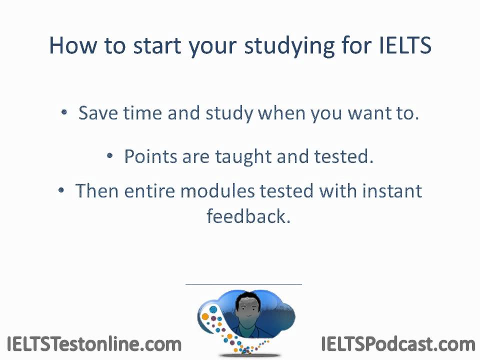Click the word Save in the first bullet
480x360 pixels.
pos(98,113)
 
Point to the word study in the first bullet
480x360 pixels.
pos(229,113)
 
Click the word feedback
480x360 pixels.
pos(248,217)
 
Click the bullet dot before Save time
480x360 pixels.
pos(64,112)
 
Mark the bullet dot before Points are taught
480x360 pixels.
pos(110,156)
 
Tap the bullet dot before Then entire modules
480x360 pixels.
pos(61,190)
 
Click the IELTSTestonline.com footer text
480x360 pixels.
pos(94,344)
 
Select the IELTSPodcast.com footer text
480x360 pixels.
pos(397,344)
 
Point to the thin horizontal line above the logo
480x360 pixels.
pos(243,284)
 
